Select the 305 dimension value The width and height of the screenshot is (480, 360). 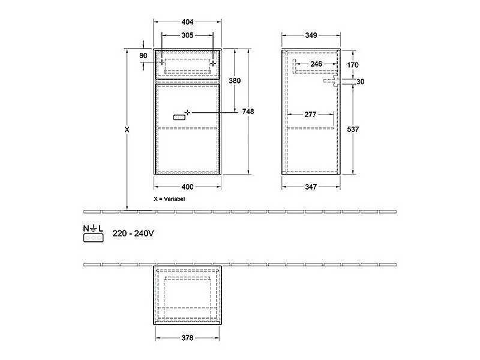point(187,35)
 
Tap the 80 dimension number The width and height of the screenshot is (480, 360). point(143,56)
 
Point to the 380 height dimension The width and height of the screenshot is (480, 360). point(236,80)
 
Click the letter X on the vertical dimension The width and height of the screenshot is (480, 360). point(126,129)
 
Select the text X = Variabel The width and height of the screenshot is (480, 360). point(170,198)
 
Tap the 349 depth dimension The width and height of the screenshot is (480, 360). point(311,35)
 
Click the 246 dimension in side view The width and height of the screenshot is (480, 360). point(316,64)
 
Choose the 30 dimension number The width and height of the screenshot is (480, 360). point(360,82)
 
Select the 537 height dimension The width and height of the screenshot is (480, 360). point(353,130)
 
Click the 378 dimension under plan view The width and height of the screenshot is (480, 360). point(187,338)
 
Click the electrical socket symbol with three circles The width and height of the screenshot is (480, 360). point(93,238)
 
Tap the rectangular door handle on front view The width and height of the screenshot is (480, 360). point(179,118)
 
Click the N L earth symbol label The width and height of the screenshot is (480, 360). point(93,229)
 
